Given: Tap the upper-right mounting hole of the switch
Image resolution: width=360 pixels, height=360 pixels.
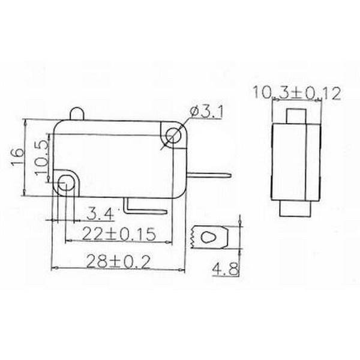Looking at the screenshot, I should point(174,135).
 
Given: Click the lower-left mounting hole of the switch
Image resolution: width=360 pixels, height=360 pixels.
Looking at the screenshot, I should point(66,182).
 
